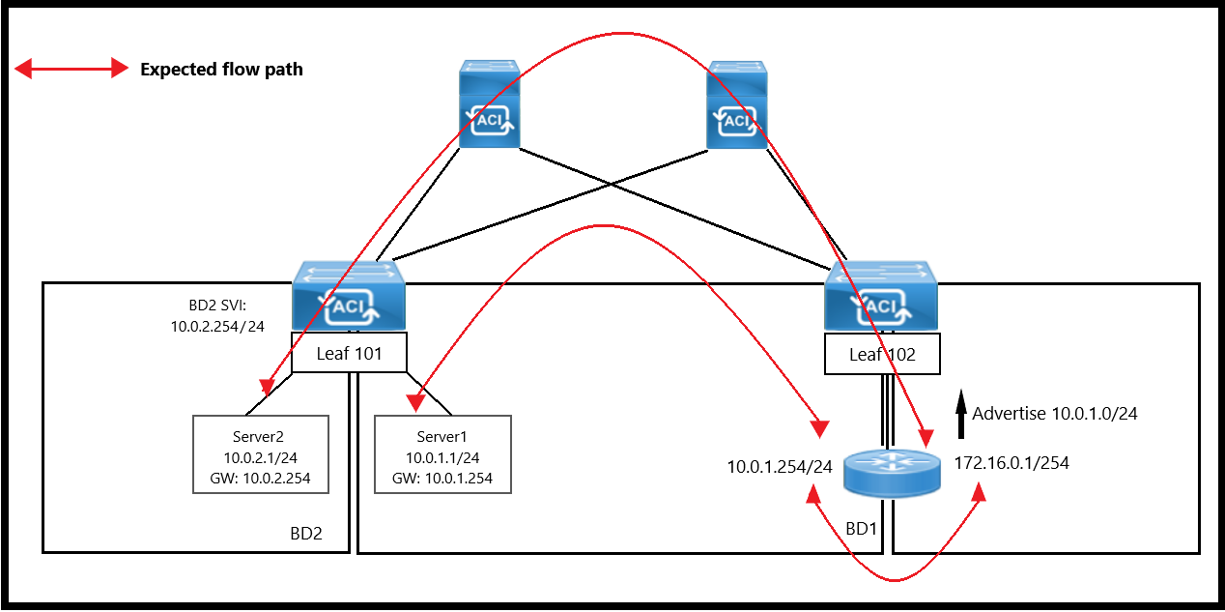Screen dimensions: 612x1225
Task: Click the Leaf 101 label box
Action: [349, 354]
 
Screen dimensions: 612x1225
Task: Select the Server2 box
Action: [261, 454]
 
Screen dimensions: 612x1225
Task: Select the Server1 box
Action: [442, 454]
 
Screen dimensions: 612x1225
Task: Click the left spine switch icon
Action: [489, 104]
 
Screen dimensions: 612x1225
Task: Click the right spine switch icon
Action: [737, 104]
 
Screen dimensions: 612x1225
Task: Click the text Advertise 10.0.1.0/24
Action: [1055, 414]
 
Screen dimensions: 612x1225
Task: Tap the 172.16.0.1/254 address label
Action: [1011, 463]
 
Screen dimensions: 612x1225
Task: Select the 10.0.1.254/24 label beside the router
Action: [780, 467]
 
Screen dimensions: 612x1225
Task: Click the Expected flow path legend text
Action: [221, 70]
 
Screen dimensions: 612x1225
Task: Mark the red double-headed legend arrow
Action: [71, 69]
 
